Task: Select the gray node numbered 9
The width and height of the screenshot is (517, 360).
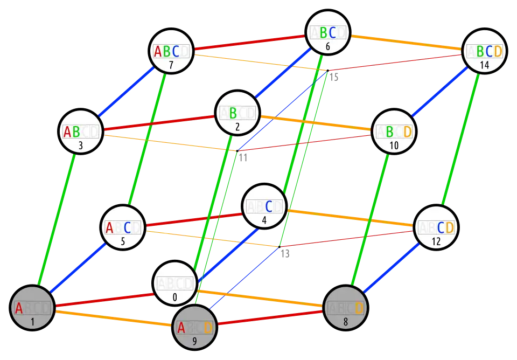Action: pyautogui.click(x=194, y=328)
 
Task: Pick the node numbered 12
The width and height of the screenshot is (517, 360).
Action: pyautogui.click(x=436, y=228)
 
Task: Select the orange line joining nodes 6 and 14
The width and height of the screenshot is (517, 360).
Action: pyautogui.click(x=407, y=43)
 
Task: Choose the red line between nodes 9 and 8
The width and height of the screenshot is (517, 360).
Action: pyautogui.click(x=270, y=318)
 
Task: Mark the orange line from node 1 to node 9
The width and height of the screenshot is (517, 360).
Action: pyautogui.click(x=113, y=319)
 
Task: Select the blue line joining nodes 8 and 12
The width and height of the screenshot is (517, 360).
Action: pyautogui.click(x=392, y=268)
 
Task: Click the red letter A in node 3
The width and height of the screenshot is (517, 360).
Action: pyautogui.click(x=67, y=131)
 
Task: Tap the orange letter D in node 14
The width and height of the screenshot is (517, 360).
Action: pyautogui.click(x=498, y=52)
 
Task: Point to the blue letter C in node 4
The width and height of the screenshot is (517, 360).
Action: pyautogui.click(x=267, y=206)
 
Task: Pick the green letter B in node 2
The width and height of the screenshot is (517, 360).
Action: pyautogui.click(x=233, y=113)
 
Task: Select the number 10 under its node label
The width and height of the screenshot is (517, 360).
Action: pyautogui.click(x=394, y=146)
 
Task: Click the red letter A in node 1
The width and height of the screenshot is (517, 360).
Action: pyautogui.click(x=19, y=308)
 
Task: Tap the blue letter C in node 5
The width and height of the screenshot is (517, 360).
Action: pyautogui.click(x=127, y=227)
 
